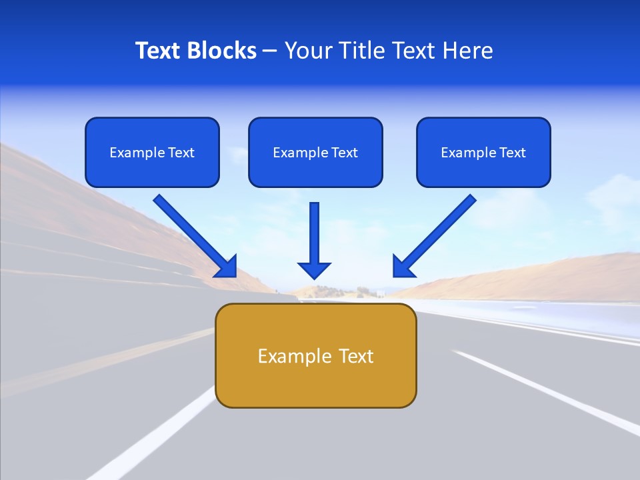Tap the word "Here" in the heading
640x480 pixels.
coord(468,51)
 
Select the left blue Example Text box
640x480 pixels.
coord(152,152)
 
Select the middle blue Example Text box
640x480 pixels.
coord(315,152)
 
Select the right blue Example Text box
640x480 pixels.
coord(483,152)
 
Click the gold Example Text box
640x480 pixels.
coord(315,355)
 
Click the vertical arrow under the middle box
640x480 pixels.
coord(314,233)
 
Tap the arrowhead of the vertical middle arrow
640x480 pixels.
coord(314,269)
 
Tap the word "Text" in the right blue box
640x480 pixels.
coord(512,153)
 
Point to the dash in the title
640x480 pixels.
coord(270,51)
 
